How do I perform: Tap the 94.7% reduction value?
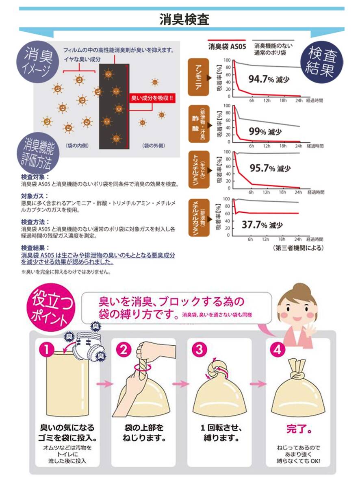coord(269,79)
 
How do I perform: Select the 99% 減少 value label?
coord(265,132)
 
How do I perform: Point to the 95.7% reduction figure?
coord(270,168)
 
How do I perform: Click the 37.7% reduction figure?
coord(262,224)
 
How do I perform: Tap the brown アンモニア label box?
coord(198,77)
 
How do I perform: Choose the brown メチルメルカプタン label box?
coord(199,218)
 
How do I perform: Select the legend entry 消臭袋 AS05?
coord(227,46)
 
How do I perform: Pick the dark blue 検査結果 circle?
coord(321,61)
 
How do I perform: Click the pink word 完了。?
coord(299,429)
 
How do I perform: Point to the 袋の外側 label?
coord(154,146)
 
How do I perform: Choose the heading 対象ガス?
coord(35,196)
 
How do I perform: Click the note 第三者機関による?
coord(298,248)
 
